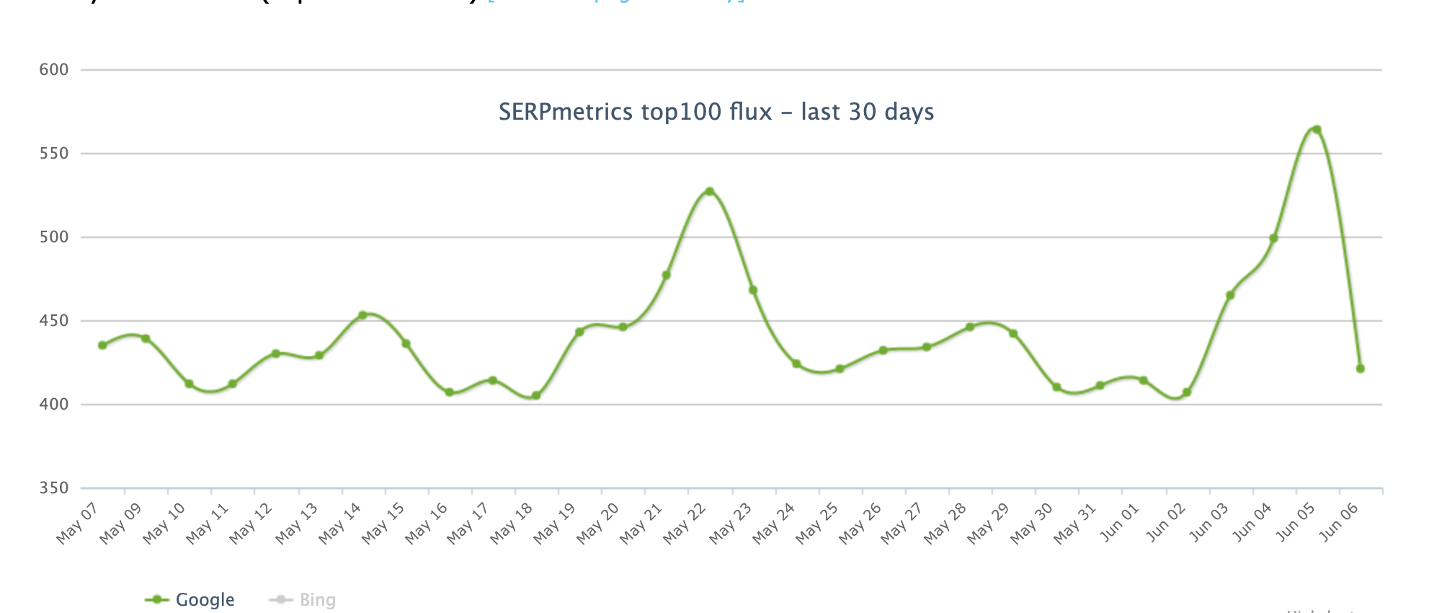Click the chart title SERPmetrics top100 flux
pos(716,112)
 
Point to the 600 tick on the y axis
pos(54,70)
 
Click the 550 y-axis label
pos(54,154)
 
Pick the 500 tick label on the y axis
pos(54,237)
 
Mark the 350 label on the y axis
pos(54,488)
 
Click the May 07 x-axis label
pos(77,524)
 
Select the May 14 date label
pos(339,524)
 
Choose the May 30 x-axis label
pos(1032,524)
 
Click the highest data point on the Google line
pos(1317,130)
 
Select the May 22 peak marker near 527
pos(710,192)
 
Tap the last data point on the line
pos(1361,369)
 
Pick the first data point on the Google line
pos(102,345)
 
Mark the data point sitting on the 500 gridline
pos(1273,238)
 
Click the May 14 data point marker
pos(362,315)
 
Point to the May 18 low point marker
pos(536,395)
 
